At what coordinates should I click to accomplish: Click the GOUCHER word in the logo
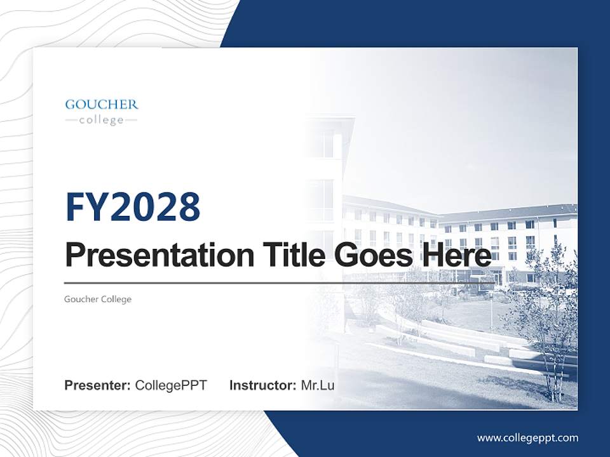(102, 105)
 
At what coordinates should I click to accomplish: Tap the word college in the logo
(102, 120)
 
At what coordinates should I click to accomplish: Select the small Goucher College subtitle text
(98, 299)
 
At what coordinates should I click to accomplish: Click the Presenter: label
(98, 385)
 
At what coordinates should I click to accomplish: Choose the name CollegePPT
(171, 385)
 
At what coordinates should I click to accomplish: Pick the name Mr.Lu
(318, 385)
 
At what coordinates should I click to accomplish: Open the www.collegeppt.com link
(527, 438)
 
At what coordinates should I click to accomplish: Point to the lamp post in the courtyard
(491, 314)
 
